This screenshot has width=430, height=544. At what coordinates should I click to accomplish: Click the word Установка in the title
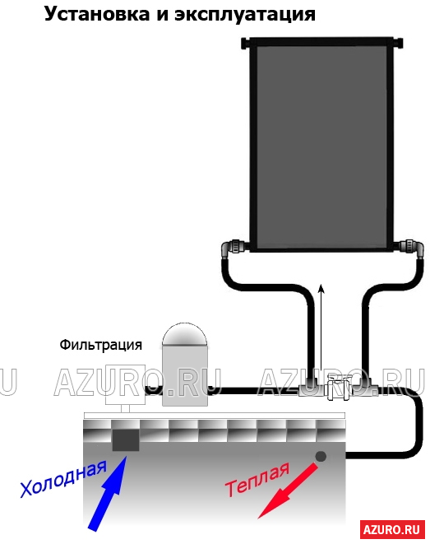coord(97,14)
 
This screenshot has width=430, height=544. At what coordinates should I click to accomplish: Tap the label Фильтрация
coord(101,345)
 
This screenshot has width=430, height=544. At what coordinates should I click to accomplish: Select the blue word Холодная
coord(63,479)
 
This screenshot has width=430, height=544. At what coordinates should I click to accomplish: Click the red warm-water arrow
coord(288,491)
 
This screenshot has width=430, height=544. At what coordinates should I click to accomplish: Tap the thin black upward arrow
coord(321,328)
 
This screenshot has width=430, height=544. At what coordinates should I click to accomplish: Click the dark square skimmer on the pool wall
coord(126,440)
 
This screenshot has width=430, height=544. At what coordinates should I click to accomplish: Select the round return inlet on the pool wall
coord(321,456)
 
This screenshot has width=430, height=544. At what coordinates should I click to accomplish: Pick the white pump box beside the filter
coord(125,384)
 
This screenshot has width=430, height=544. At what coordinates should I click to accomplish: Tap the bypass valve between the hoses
coord(337,387)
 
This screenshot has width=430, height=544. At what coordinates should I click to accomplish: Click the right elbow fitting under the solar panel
coord(412,249)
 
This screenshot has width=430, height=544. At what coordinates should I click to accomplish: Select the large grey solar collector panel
coord(322,146)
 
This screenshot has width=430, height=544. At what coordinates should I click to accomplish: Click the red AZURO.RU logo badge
coord(392,529)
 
